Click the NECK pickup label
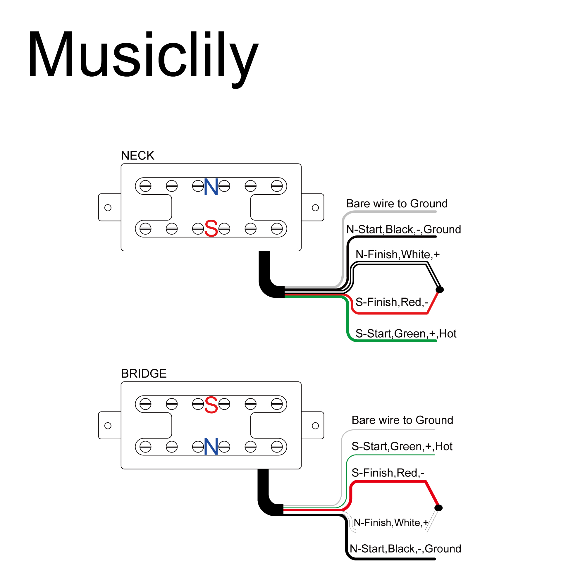point(137,156)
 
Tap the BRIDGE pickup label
point(144,374)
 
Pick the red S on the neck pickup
point(211,229)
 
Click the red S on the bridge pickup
point(211,405)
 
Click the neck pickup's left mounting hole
point(108,208)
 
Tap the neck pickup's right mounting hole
point(315,208)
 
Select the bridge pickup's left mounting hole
point(108,426)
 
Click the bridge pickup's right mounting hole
point(315,426)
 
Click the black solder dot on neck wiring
point(440,290)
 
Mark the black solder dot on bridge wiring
point(438,508)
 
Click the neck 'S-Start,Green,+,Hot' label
point(406,334)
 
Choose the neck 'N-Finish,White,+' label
point(397,255)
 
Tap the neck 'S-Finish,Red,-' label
point(392,302)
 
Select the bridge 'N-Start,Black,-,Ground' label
point(405,549)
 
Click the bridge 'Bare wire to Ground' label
point(402,420)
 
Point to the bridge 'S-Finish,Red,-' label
point(388,473)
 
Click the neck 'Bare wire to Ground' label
point(397,204)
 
